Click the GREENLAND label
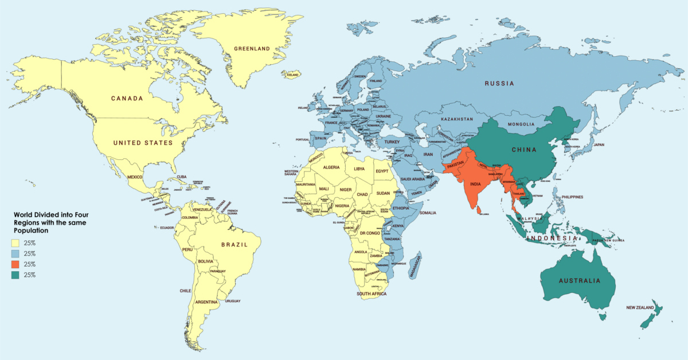(x=252, y=49)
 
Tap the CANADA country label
(x=127, y=99)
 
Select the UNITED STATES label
(x=143, y=143)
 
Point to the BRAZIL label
(x=234, y=245)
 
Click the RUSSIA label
(x=499, y=84)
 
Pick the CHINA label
(x=523, y=150)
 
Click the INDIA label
(x=475, y=185)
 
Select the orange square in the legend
(x=15, y=264)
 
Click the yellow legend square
(x=15, y=242)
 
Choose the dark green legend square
(x=15, y=275)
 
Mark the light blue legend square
(x=15, y=253)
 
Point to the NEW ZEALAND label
(x=640, y=308)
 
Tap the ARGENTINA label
(x=206, y=302)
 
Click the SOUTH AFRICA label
(x=372, y=294)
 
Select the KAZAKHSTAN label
(x=457, y=119)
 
